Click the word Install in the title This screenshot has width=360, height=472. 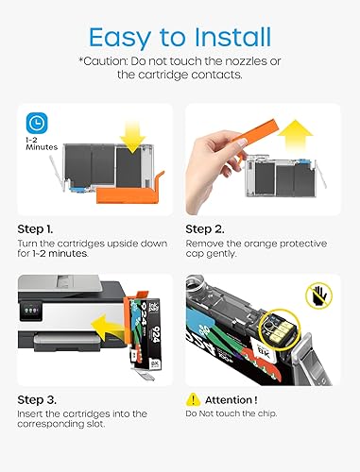coord(232,37)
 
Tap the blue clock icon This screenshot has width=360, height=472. coord(37,123)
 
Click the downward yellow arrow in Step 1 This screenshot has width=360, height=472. coord(132,138)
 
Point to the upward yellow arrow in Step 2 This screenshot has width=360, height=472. coord(295,135)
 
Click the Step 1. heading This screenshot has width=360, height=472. coord(35,229)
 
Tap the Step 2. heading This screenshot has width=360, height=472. coord(205,229)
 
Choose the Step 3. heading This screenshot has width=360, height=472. coord(37,400)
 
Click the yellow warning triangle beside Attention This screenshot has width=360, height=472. coord(193,399)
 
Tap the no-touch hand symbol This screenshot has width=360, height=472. coord(319,295)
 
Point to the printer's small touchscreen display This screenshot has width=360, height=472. coord(31,311)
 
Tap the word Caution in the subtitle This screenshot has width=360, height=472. coord(103,60)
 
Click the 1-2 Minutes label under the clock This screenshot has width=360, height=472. coord(42,143)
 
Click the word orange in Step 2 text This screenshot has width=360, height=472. coord(261,244)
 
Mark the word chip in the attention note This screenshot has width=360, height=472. coord(266,413)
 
